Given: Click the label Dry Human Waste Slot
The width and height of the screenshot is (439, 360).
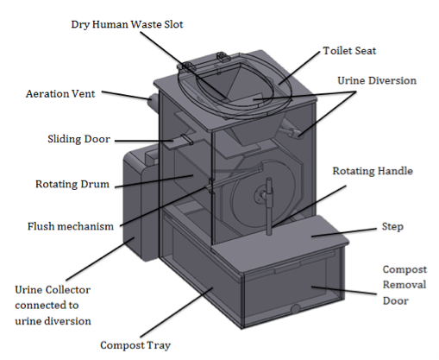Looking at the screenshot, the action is [127, 24].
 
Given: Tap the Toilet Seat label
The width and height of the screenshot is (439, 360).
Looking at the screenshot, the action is [349, 51].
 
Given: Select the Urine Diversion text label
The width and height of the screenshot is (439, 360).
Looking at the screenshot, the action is [377, 80].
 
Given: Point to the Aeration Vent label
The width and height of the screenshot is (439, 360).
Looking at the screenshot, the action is [60, 94].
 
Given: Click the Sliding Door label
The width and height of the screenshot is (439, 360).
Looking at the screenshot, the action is [78, 139].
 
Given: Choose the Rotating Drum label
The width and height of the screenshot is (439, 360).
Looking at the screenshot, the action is [72, 184].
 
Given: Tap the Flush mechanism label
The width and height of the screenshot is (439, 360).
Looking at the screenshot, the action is [71, 226].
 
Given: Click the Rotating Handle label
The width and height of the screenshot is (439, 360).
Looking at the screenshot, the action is [373, 171].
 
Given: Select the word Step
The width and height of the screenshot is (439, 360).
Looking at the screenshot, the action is [392, 227].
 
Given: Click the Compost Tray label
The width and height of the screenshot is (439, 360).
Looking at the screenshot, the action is [135, 345].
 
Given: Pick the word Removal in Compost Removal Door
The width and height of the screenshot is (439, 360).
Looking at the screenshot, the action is [405, 285].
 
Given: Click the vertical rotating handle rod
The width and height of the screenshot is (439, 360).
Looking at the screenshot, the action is [269, 206].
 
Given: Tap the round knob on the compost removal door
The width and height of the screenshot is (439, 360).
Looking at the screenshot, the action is [295, 309].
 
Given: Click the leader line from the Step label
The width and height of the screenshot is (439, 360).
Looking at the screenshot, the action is [344, 232].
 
